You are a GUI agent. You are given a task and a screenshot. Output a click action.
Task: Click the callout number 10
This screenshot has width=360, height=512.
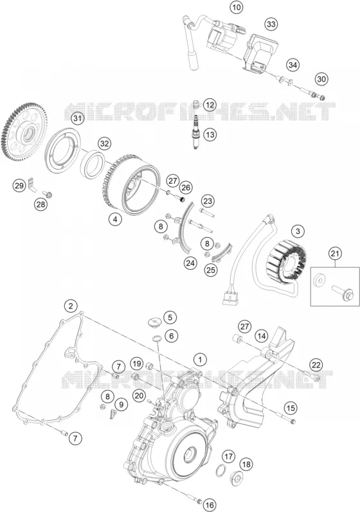point(237,7)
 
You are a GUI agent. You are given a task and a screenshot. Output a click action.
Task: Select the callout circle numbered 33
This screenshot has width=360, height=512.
point(271,24)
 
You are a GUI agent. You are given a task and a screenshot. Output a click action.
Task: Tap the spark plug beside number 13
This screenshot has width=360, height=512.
point(197,132)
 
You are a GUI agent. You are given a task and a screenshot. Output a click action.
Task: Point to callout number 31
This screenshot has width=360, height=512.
point(76,118)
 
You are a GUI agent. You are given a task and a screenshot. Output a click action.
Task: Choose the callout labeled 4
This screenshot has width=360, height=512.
point(115,220)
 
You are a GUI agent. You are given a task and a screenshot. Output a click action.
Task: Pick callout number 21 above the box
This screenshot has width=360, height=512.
point(336,253)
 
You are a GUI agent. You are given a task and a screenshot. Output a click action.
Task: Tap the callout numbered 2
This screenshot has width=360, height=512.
point(71,306)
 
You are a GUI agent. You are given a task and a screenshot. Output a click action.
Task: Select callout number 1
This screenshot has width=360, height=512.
point(201,360)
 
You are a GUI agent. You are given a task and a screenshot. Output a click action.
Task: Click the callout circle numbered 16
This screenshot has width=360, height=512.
point(210,505)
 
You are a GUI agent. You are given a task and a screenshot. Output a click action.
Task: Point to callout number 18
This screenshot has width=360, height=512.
point(246,464)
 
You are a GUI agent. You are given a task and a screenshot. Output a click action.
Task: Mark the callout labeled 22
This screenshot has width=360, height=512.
point(316,365)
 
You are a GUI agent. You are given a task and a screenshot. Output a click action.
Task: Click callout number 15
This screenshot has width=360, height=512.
point(291,408)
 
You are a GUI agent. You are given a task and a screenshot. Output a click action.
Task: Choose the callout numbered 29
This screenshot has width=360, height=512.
point(19,186)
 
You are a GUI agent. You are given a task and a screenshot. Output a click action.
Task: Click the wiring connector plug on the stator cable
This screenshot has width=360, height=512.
point(230,296)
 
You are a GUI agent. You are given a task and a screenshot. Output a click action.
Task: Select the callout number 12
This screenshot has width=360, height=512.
point(210,105)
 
